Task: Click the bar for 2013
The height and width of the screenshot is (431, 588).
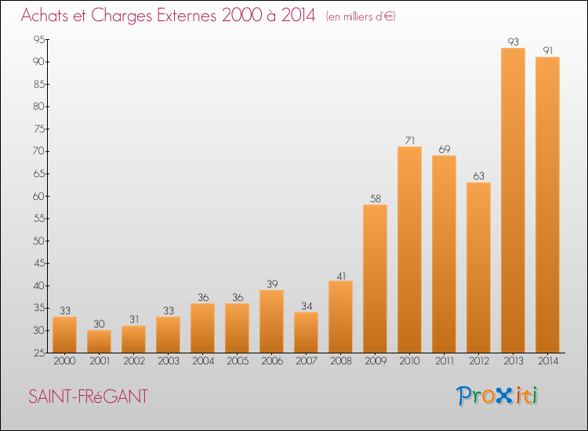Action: (513, 200)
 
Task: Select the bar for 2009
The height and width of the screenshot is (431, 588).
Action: (375, 278)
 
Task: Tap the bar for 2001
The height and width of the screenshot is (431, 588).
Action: (99, 341)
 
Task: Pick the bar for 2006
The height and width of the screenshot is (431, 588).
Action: (271, 321)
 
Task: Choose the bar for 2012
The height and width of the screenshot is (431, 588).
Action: (478, 267)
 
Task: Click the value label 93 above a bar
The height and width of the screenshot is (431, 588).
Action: (513, 42)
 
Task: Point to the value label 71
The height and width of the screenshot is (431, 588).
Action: (409, 140)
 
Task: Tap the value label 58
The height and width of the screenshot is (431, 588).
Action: (375, 198)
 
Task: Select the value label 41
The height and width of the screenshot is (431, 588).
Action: (341, 276)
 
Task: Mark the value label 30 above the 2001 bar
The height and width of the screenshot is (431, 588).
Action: (99, 324)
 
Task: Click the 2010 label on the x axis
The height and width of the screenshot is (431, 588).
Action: (409, 361)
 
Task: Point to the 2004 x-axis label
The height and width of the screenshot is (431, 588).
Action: (203, 361)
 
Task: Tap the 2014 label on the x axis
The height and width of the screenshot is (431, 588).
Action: (548, 361)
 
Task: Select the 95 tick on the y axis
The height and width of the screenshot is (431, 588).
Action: (39, 39)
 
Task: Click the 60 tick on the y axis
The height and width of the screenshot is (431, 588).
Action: (39, 196)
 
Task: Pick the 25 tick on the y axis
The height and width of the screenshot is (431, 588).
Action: (39, 353)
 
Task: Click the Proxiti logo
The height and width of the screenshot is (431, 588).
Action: (497, 396)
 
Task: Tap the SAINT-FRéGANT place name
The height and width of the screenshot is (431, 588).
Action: (88, 397)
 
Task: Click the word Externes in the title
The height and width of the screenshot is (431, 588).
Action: (187, 16)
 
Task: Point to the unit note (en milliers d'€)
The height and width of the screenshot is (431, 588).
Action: (361, 16)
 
